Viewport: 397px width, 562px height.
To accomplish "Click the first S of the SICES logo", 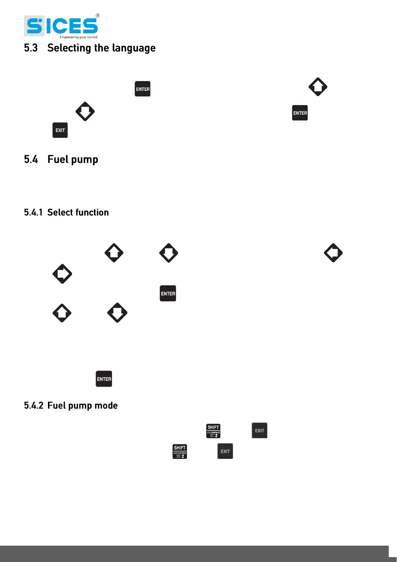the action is [34, 26].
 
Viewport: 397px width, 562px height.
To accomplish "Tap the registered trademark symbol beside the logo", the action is [98, 16].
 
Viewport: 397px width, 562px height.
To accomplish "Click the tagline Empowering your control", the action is [78, 37].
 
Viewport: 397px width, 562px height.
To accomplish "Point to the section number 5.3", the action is [31, 48].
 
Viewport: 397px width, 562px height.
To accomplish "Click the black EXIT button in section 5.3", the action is [60, 130].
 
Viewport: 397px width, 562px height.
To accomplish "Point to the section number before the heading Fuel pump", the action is [31, 160].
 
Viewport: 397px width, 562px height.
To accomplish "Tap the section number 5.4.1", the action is [33, 213].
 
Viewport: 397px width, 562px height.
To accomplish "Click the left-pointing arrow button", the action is [333, 253].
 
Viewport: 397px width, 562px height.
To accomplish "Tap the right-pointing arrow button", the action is [62, 274].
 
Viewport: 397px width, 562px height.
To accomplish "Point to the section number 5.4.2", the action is [33, 405].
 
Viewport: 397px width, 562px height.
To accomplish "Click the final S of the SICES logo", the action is [90, 26].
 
